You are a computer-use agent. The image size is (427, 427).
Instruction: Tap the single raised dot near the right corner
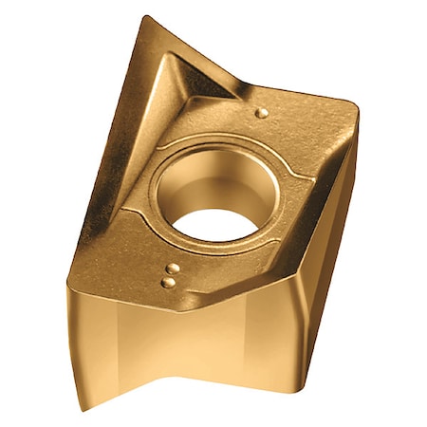point(263,112)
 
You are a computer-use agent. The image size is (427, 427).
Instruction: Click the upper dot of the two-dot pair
point(174,269)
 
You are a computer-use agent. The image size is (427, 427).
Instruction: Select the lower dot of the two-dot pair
point(168,282)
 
